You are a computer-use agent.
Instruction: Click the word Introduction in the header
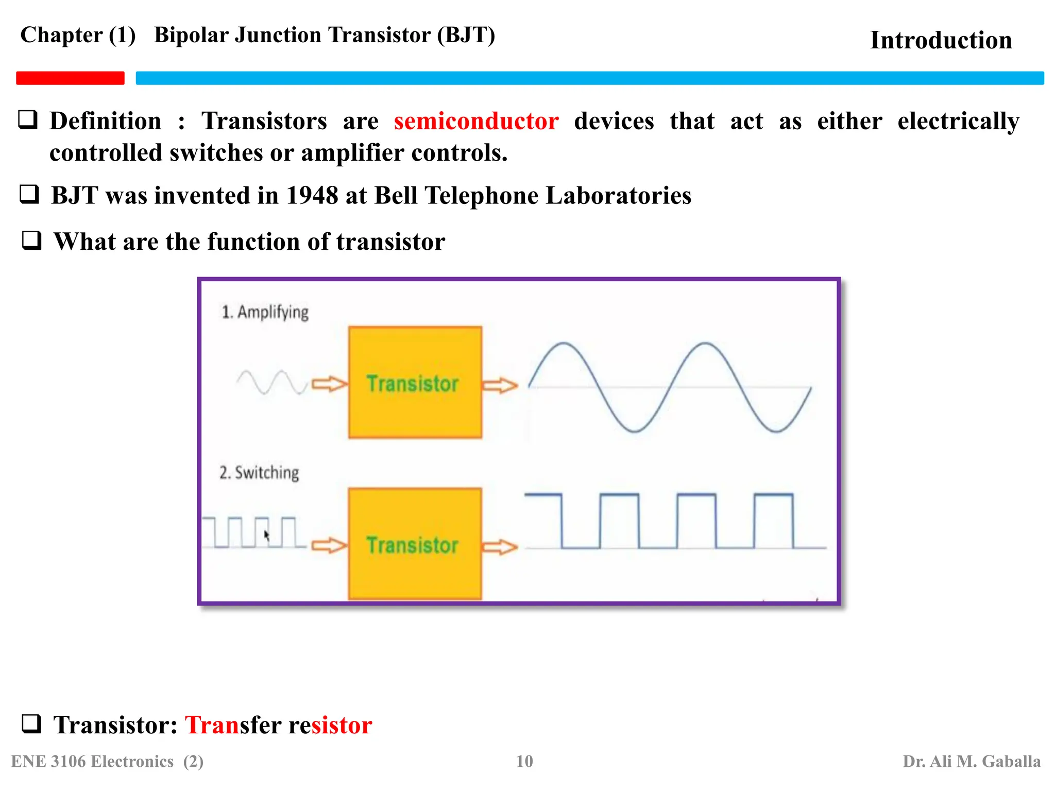click(x=941, y=40)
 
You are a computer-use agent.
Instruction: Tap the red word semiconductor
click(x=476, y=122)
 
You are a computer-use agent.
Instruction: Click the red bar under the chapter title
click(x=70, y=78)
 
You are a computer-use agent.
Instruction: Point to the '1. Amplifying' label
click(x=265, y=312)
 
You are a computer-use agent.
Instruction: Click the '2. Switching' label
click(x=259, y=473)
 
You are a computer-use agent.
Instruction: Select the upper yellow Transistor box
click(x=415, y=383)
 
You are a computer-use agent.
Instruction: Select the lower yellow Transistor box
click(x=415, y=544)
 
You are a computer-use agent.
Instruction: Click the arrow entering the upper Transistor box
click(x=329, y=384)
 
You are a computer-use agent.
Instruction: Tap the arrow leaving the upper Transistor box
click(x=500, y=385)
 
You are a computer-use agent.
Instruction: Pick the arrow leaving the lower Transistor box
click(x=500, y=546)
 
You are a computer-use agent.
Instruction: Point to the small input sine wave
click(x=271, y=382)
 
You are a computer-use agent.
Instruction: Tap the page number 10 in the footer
click(x=524, y=761)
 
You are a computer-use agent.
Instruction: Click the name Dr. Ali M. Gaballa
click(x=971, y=761)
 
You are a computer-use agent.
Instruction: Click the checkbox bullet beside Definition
click(x=28, y=119)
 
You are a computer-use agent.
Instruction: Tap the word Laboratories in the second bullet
click(x=618, y=196)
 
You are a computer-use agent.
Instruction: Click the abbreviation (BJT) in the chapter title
click(x=466, y=35)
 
